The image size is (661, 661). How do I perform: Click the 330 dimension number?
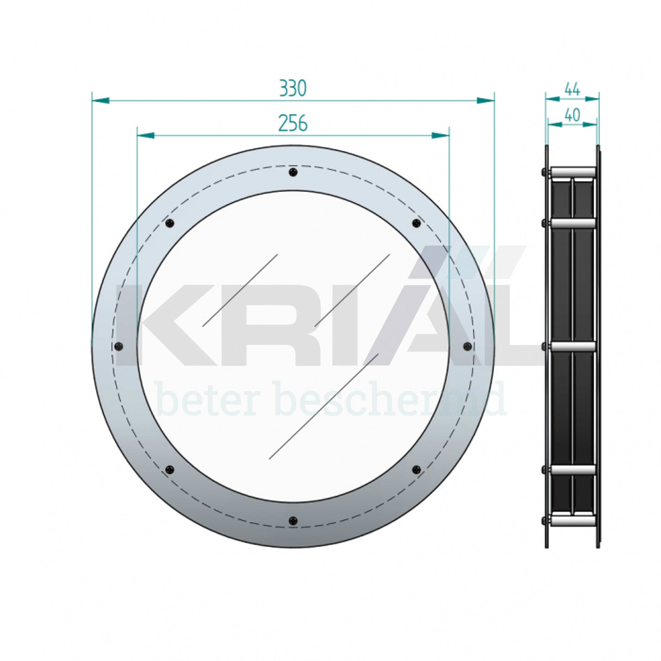coord(293,88)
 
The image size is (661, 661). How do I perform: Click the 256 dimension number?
coord(293,124)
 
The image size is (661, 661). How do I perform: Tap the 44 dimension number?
coord(572,89)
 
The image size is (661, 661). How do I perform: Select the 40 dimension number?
coord(572,115)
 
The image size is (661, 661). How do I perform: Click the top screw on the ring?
coord(293,172)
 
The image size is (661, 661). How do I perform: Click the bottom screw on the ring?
coord(293,521)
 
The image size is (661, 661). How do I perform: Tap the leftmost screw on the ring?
coord(119,346)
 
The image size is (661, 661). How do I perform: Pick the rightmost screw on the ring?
coord(468,346)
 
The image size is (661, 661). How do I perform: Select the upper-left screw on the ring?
coord(170,223)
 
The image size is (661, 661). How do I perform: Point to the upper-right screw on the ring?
coord(416,223)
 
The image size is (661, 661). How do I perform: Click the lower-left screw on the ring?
coord(170,470)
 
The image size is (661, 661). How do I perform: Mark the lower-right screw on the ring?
coord(416,470)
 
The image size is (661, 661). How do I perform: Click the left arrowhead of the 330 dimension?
coord(101,100)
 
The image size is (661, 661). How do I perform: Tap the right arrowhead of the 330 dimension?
coord(486,100)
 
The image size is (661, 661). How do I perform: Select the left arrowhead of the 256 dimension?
coord(146,135)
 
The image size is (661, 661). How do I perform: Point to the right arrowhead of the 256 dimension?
coord(441,135)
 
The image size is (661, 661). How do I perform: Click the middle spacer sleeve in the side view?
coord(573,347)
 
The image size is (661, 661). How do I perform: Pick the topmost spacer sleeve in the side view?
coord(573,172)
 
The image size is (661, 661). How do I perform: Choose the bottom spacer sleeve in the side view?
coord(573,521)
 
